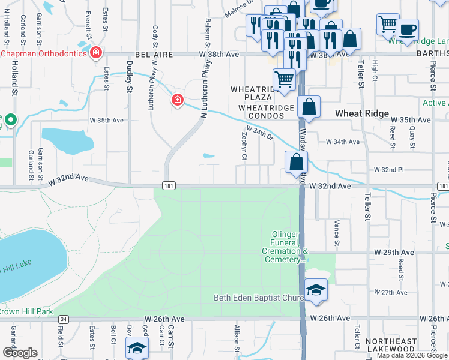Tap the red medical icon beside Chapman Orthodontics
coord(95,54)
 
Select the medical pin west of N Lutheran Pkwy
coord(177,100)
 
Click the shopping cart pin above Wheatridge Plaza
coord(284,79)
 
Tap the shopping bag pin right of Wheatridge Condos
coord(309,107)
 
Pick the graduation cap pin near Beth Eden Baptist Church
coord(316,290)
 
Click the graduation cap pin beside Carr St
coord(137,348)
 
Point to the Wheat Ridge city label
coord(361,113)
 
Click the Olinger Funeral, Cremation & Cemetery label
coord(285,251)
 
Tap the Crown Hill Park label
coord(26,311)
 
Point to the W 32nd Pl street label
coord(390,170)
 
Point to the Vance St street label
coord(337,232)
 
